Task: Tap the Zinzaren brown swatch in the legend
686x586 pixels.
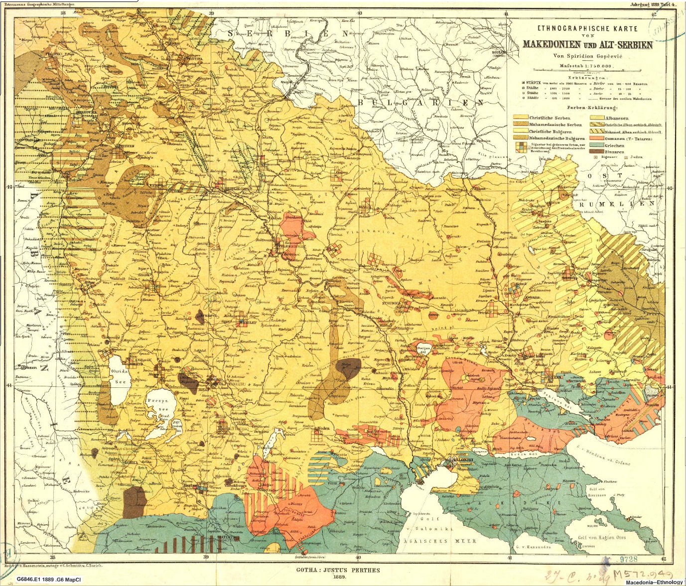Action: [597, 151]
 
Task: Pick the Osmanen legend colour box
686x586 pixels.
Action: [597, 138]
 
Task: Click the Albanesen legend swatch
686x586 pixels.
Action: [597, 118]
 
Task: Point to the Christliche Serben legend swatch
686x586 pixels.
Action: [521, 118]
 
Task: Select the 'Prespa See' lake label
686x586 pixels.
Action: [163, 404]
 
